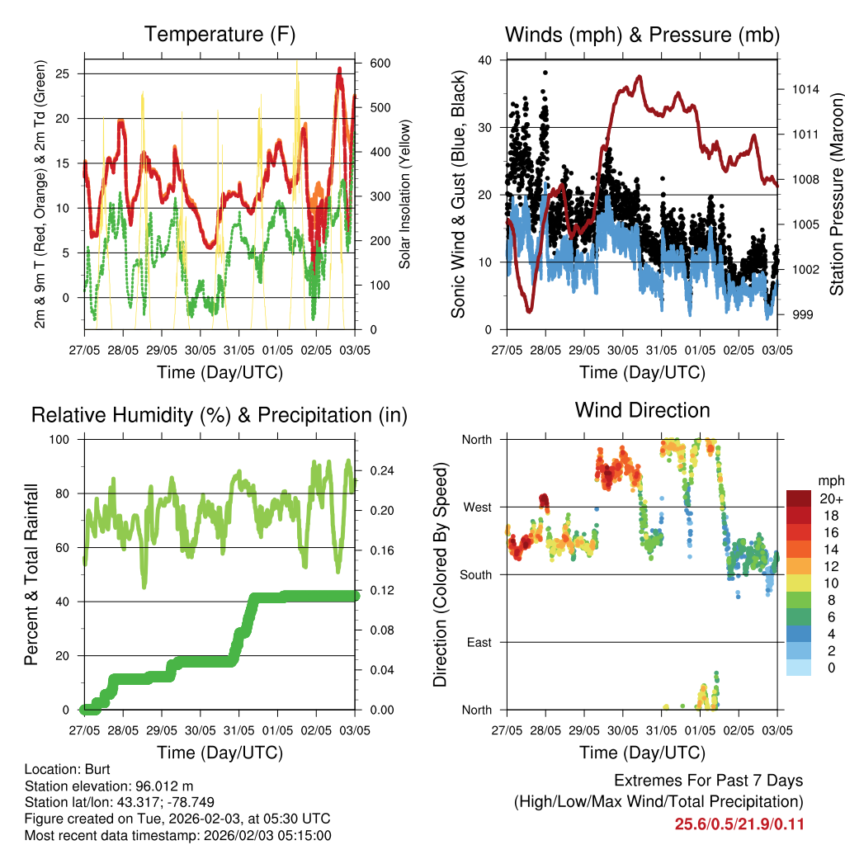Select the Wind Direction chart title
click(642, 410)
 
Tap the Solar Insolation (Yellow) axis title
click(404, 195)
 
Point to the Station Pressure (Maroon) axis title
click(836, 195)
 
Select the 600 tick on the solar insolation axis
click(380, 64)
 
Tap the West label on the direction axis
click(477, 507)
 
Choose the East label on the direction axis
click(479, 642)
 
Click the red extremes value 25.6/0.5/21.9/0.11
click(739, 824)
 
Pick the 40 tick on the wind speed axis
click(484, 60)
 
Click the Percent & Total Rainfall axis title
click(31, 575)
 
